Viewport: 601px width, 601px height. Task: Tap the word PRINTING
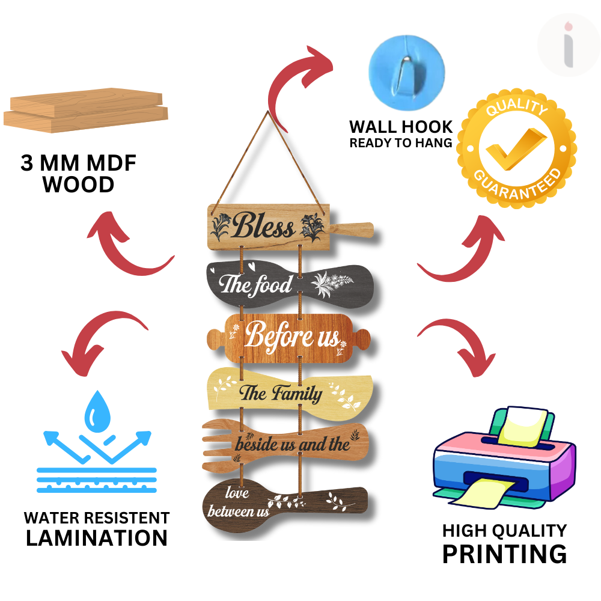[504, 554]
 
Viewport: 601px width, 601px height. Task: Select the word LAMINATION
[96, 538]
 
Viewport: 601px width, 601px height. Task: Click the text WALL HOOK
[401, 127]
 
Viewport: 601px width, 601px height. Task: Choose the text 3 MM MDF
[78, 163]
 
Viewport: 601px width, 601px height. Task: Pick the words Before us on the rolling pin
[292, 337]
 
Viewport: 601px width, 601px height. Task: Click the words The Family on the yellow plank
[281, 394]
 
